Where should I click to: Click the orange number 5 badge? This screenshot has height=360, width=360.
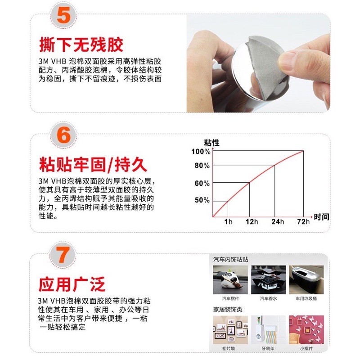coord(63,16)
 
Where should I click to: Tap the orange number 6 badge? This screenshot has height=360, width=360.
coord(63,135)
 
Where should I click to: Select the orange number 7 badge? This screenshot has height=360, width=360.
coord(63,255)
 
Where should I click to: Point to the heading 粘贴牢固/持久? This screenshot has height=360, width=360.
coord(93,164)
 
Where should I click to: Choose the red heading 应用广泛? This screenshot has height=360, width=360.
coord(72,284)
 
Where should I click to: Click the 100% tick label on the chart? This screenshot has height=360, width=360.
coord(201,152)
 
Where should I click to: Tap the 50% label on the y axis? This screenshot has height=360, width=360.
coord(202,200)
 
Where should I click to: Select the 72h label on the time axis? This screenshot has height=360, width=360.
coord(303,222)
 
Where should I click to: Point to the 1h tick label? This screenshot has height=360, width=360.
coord(228,222)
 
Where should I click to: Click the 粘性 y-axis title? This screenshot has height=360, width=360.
coord(211,143)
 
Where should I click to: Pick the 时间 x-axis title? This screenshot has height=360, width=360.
coord(321,217)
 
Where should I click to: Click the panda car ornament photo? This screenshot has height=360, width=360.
coord(230,280)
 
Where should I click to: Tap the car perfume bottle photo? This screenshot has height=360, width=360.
coord(268,280)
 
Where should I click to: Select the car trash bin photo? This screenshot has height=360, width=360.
coord(306,280)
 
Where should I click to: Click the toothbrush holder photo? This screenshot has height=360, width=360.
coord(268,330)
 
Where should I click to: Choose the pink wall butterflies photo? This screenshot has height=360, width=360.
coord(306,330)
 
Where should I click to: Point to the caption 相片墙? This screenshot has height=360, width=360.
coord(229,348)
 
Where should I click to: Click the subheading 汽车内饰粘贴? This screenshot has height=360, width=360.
coord(230,260)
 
